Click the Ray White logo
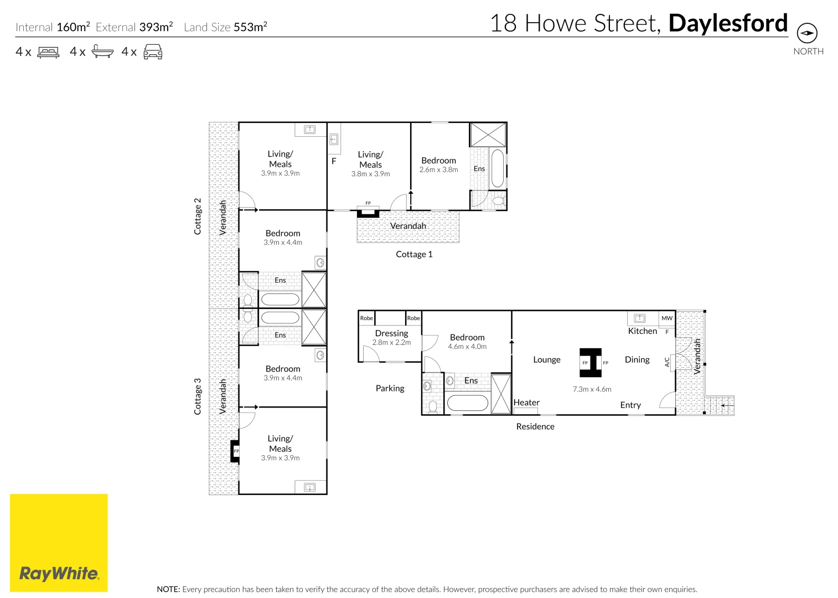[59, 543]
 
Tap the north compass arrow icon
[807, 33]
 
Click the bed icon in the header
[48, 52]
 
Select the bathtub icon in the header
[102, 51]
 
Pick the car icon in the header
[153, 52]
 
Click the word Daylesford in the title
[728, 23]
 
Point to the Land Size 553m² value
[250, 27]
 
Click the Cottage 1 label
[414, 254]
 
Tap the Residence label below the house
[535, 426]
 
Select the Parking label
[390, 388]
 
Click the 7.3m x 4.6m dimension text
[592, 389]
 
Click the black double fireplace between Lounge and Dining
[590, 363]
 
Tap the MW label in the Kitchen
[667, 318]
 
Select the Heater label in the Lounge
[526, 403]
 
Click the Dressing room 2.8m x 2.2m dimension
[391, 343]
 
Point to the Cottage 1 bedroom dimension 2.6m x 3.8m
[438, 170]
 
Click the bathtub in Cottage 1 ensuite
[498, 168]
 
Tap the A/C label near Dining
[667, 362]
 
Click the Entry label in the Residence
[630, 405]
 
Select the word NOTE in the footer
[168, 589]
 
